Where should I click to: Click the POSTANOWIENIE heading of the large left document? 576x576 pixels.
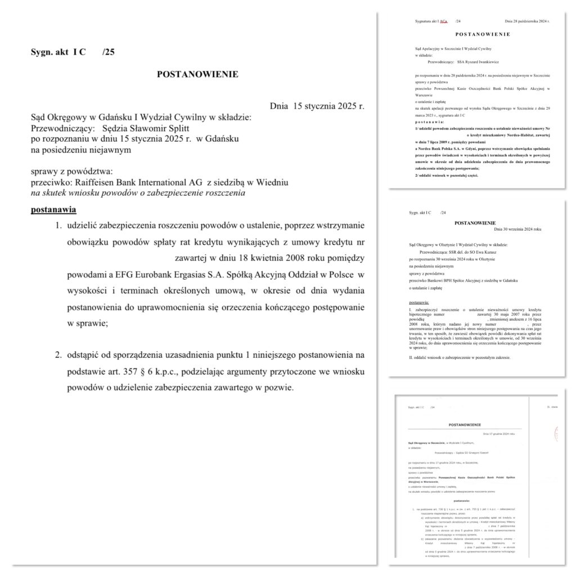click(x=197, y=74)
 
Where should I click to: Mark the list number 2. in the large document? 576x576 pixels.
click(x=58, y=355)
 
